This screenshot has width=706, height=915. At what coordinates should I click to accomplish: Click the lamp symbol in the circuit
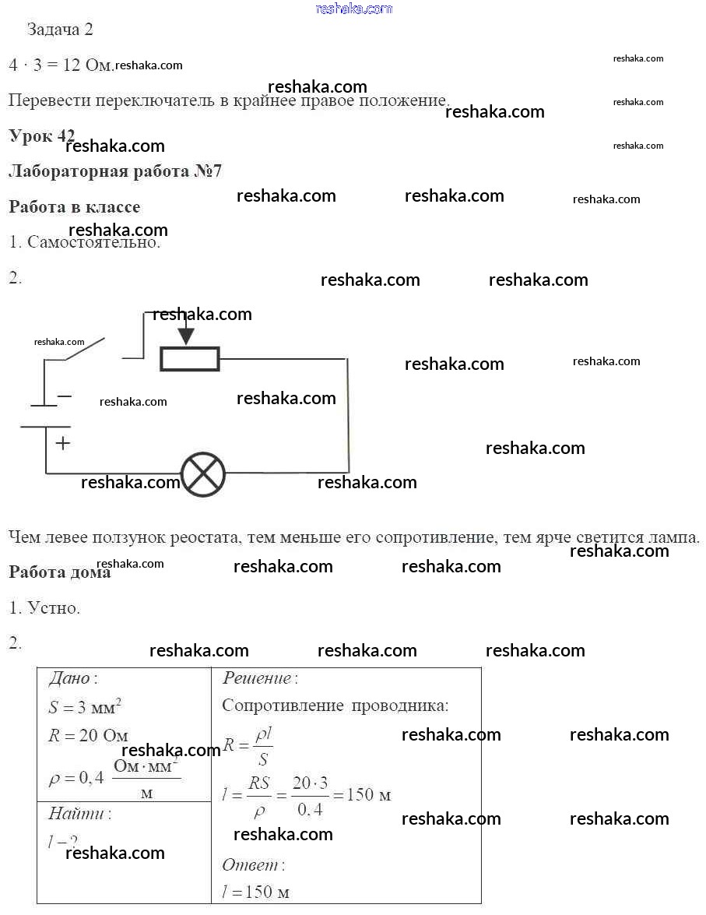pyautogui.click(x=203, y=473)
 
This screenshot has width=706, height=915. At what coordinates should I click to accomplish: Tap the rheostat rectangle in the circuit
pyautogui.click(x=190, y=359)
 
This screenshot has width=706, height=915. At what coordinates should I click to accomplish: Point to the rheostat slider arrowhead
pyautogui.click(x=185, y=337)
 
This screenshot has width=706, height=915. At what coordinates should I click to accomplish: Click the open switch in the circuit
pyautogui.click(x=86, y=349)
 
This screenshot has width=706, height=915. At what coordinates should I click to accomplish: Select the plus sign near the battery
pyautogui.click(x=63, y=443)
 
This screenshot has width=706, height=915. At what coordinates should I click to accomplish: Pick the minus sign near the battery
pyautogui.click(x=65, y=396)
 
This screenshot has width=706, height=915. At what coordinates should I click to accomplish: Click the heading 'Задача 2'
pyautogui.click(x=60, y=30)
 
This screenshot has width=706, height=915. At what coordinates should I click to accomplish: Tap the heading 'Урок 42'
pyautogui.click(x=41, y=135)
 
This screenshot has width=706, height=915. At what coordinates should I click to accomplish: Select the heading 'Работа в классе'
pyautogui.click(x=75, y=207)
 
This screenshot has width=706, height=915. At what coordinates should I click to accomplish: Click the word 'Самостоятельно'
pyautogui.click(x=93, y=242)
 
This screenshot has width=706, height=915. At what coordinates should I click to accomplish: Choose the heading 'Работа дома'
pyautogui.click(x=60, y=572)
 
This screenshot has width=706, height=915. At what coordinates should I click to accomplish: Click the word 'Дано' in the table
pyautogui.click(x=70, y=678)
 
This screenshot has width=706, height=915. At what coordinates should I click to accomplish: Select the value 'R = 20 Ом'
pyautogui.click(x=88, y=736)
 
